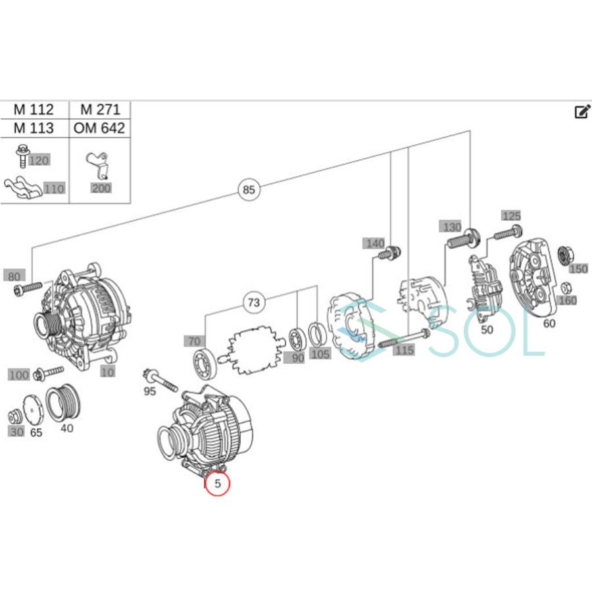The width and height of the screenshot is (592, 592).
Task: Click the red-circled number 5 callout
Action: point(218,484)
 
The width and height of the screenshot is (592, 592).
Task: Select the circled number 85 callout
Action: point(248,191)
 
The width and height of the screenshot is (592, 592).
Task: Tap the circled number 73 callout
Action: point(253,303)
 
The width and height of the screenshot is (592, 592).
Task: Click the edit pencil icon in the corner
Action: point(581,112)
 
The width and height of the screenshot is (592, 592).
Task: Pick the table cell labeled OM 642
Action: point(99,128)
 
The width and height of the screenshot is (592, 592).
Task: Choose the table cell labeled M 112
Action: point(34,110)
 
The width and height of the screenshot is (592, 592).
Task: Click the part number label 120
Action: point(39,161)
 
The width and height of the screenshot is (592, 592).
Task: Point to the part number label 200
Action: point(101,188)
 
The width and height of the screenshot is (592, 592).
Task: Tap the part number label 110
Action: point(55,189)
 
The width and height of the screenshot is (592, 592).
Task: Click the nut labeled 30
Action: point(13,416)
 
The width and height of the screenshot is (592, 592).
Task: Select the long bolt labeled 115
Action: point(403,339)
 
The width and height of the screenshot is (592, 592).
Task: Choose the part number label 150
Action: point(578,268)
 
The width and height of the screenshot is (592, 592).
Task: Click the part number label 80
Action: point(13,275)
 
